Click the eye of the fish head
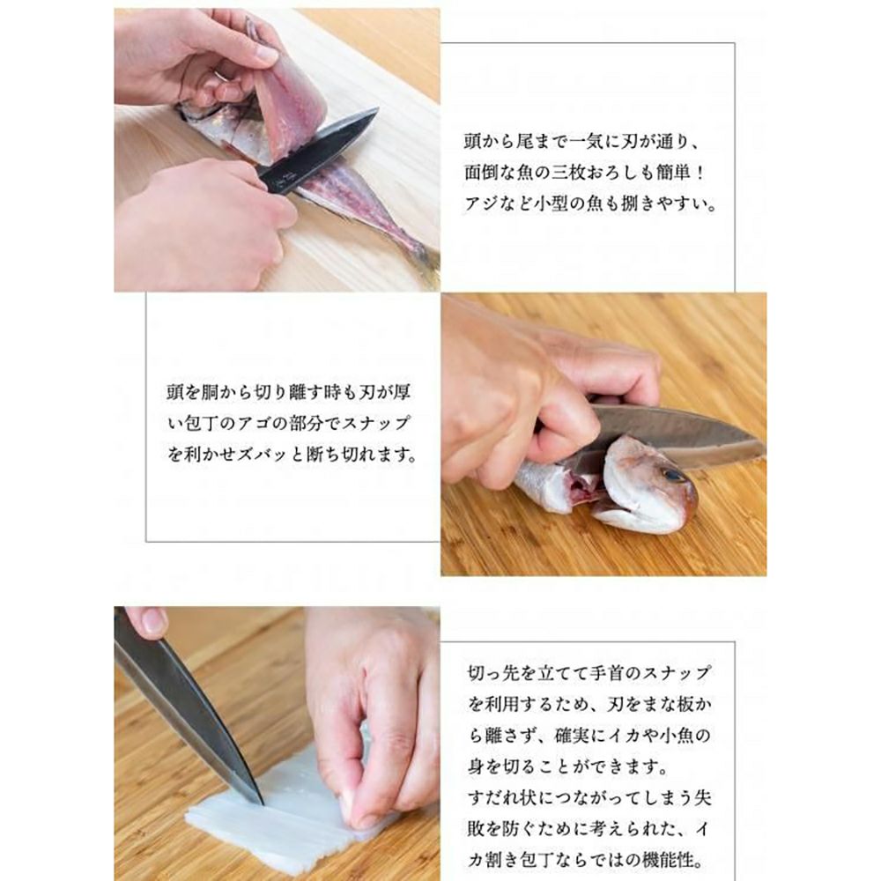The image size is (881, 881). (672, 477)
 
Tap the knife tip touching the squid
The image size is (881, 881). (260, 801)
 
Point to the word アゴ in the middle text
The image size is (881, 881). (255, 422)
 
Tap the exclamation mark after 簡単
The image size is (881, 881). (700, 173)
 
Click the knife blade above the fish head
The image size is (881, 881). (674, 433)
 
